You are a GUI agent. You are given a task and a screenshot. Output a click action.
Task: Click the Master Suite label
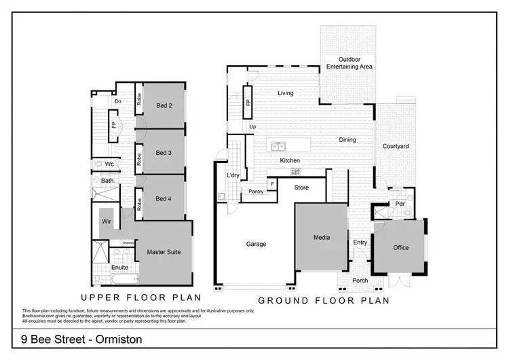[164, 252]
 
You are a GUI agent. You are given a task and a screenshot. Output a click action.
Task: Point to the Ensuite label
[119, 268]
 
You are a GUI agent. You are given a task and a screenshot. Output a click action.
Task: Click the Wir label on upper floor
[107, 221]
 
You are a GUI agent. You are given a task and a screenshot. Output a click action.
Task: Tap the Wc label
[109, 164]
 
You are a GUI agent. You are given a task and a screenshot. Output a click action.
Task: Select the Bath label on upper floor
[107, 181]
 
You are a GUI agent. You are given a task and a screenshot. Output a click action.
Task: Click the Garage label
[256, 244]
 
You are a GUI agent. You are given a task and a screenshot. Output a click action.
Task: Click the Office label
[400, 247]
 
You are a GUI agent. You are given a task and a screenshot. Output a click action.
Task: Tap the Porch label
[360, 281]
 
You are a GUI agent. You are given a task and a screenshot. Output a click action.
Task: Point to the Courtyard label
[394, 146]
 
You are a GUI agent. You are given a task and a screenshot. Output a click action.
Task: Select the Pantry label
[257, 192]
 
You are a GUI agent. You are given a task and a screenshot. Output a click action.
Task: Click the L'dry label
[233, 176]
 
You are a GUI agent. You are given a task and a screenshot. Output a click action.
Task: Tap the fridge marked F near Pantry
[272, 184]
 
